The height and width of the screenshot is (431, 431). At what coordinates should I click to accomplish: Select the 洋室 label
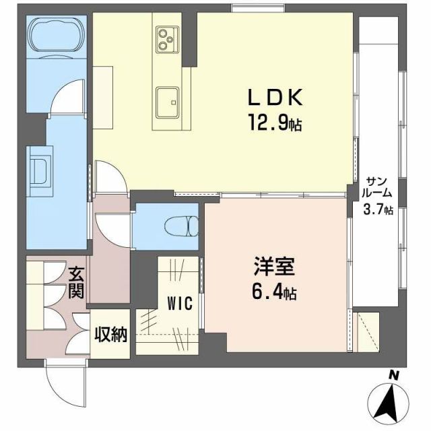tap(273, 268)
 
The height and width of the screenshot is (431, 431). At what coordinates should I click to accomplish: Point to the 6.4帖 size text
tap(273, 293)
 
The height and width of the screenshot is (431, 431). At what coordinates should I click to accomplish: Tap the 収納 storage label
tap(110, 334)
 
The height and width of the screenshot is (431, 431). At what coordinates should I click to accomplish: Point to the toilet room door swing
tap(108, 226)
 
